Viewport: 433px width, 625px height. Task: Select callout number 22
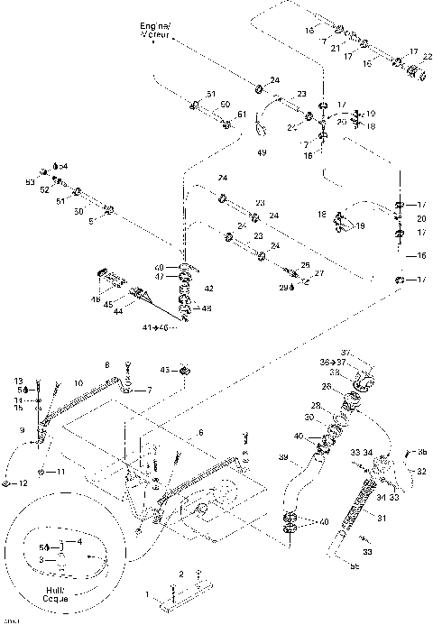pos(427,59)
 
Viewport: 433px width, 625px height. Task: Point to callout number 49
pos(262,153)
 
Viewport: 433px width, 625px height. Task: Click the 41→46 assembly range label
pos(157,326)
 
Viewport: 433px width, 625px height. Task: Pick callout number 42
pos(208,289)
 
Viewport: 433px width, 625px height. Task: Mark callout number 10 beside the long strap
pos(78,382)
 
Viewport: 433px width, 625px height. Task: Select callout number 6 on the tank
pos(201,433)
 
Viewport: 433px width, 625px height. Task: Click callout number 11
pos(61,472)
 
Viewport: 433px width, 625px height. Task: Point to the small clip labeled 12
pos(6,483)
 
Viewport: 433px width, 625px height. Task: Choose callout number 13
pos(18,381)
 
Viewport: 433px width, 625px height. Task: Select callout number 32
pos(421,471)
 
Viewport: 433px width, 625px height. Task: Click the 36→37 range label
pos(330,363)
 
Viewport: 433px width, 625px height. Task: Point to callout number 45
pos(107,304)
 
